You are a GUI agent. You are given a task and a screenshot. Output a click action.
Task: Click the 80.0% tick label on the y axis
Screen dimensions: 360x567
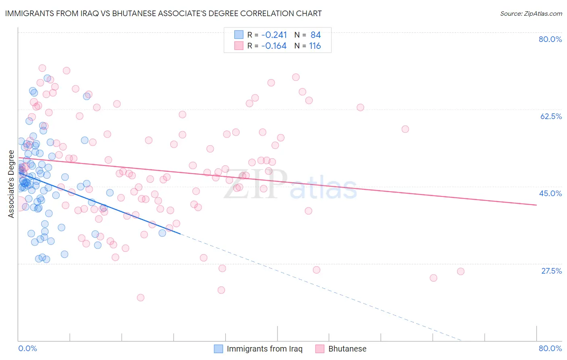coord(550,39)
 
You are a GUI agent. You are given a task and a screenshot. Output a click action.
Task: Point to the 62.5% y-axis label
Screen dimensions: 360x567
coord(551,116)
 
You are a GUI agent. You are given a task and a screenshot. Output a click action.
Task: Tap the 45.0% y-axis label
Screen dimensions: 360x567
coord(550,193)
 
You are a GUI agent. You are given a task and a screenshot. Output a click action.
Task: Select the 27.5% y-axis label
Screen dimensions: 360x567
coord(551,271)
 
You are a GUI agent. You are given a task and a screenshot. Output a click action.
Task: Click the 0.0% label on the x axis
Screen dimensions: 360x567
coord(27,348)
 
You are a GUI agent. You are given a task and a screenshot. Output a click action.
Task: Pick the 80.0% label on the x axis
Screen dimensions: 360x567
coord(550,348)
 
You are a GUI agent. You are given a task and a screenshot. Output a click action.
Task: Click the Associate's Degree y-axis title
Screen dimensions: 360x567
coord(11,184)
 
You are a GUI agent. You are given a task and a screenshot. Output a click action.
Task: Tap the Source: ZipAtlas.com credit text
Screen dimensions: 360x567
coord(531,13)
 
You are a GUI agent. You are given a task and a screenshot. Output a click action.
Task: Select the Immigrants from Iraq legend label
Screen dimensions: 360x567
coord(264,349)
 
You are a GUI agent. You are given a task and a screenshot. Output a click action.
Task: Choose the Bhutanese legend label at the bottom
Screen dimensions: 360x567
coord(347,349)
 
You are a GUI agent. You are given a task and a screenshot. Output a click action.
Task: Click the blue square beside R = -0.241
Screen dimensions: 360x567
coord(239,35)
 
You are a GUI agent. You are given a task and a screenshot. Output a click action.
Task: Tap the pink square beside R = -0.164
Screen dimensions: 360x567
coord(239,46)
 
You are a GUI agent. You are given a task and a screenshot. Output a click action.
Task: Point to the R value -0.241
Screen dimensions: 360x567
coord(274,35)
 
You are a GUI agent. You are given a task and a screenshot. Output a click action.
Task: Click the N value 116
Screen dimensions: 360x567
coord(315,46)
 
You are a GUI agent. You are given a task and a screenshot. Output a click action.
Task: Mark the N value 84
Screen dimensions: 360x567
coord(315,35)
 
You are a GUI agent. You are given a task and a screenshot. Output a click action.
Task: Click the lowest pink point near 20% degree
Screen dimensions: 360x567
coord(140,297)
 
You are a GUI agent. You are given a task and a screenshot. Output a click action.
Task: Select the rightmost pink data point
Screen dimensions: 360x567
coord(461,271)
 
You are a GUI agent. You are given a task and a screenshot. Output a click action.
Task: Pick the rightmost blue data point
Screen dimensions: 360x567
coord(162,233)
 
